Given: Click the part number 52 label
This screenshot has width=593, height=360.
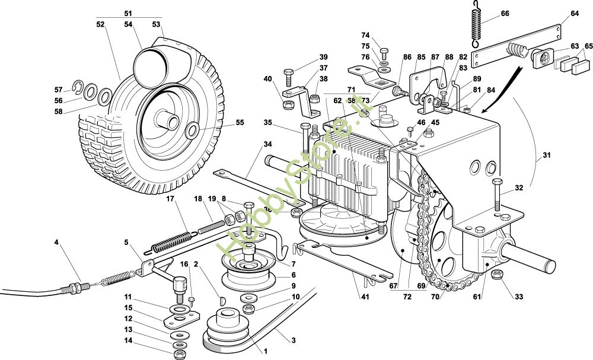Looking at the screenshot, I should [x=100, y=24].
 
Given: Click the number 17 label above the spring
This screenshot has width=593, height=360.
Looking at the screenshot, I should [x=170, y=199].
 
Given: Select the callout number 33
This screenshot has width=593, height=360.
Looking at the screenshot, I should [x=519, y=296].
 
